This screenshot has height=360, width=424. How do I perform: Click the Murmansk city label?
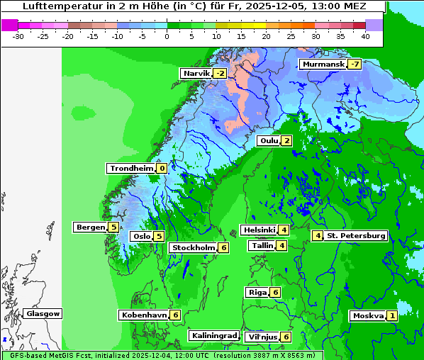tap(323, 64)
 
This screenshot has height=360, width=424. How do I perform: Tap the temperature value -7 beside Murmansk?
tap(355, 64)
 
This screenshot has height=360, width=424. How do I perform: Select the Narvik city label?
tap(196, 74)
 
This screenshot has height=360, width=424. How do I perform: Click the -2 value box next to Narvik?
tap(220, 74)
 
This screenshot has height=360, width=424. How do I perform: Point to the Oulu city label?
tap(269, 140)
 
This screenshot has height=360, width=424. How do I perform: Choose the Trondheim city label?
tap(131, 169)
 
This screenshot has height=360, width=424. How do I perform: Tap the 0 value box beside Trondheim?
tap(162, 169)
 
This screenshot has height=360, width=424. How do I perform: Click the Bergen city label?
tap(90, 227)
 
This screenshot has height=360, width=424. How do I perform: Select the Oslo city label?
tap(141, 237)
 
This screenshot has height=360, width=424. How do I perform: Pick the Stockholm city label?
tap(193, 248)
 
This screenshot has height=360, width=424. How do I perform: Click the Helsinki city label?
tap(259, 230)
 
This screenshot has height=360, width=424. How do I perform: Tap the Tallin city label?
tap(262, 246)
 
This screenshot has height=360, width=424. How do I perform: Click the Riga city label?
tap(257, 293)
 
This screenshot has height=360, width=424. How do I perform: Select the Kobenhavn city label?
tap(144, 315)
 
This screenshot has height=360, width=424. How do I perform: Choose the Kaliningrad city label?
tap(213, 335)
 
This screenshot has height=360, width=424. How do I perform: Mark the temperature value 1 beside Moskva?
tap(392, 316)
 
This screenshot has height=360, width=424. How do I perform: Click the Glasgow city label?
tap(43, 314)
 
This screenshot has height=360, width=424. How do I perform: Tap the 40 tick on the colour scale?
tap(364, 35)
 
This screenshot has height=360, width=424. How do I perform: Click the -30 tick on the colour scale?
tap(19, 35)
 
